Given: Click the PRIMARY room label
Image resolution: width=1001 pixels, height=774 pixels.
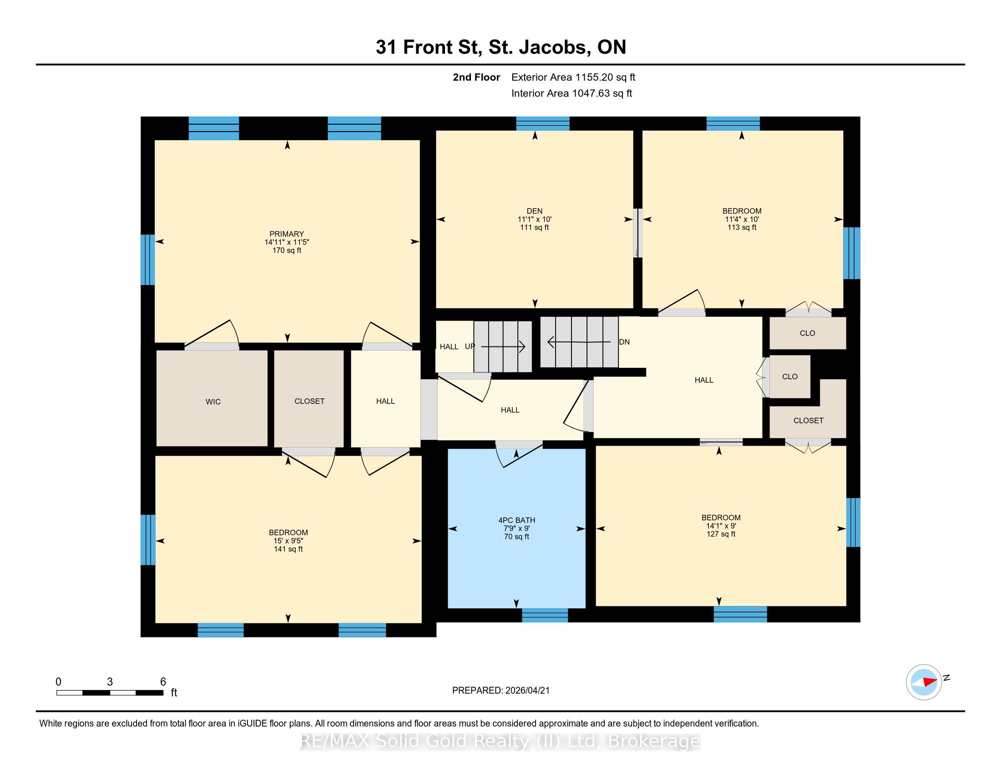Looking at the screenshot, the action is tap(287, 234).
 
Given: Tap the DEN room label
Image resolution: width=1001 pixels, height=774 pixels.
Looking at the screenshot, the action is tap(535, 211).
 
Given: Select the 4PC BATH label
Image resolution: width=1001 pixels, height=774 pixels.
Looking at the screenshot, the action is tap(516, 520).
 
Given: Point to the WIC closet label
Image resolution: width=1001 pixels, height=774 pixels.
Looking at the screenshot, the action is tap(213, 402).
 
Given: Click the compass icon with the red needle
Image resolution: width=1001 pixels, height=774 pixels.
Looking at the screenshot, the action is tap(924, 682).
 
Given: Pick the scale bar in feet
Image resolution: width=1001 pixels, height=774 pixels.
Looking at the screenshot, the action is tap(110, 693).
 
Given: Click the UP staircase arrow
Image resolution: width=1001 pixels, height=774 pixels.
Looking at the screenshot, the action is tap(503, 347).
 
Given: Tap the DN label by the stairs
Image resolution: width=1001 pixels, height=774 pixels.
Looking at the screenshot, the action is tap(624, 342).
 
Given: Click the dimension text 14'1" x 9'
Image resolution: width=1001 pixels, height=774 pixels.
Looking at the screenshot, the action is tap(721, 526).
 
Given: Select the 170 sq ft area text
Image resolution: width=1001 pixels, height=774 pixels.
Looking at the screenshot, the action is tap(287, 250).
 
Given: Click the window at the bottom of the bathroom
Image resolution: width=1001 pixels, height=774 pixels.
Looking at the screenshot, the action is tap(545, 615).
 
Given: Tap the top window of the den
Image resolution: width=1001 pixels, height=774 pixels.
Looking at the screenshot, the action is tap(543, 124).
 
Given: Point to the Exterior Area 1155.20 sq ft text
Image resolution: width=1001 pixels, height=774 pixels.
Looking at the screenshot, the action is tap(573, 77).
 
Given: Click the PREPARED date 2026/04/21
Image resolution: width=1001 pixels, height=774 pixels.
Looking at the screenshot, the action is tap(500, 691).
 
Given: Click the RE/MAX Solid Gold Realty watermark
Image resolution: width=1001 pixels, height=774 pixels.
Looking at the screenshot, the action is tap(500, 741).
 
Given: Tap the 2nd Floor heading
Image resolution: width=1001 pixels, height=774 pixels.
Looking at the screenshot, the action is tap(476, 77).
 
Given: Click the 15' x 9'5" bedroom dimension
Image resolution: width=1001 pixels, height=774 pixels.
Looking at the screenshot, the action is tap(288, 540).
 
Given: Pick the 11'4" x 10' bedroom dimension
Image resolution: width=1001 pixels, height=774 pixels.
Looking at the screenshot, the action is tap(742, 219).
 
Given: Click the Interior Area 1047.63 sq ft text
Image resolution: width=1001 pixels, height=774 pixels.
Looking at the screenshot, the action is tap(571, 93).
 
